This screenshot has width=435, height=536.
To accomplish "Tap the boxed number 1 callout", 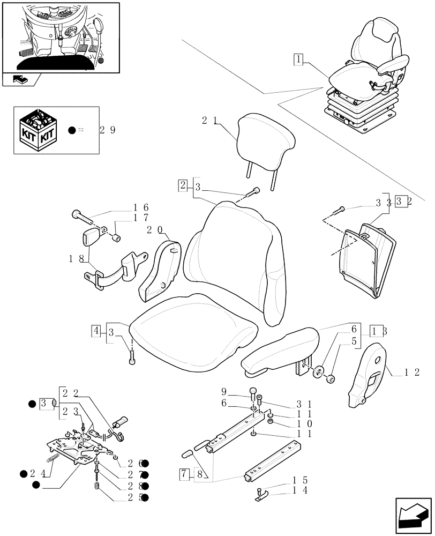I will click(298, 59).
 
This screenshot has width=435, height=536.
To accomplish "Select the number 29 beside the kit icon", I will click(108, 130).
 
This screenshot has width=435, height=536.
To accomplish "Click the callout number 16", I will click(141, 207).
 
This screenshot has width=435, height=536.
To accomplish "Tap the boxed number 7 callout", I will click(185, 473).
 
